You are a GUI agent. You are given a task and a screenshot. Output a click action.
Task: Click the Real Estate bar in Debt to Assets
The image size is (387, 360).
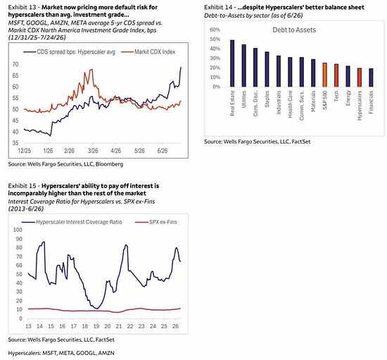232,63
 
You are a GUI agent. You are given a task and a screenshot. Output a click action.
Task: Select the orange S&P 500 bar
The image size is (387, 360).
325,75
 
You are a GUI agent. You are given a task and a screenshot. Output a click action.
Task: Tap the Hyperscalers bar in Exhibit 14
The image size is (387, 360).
360,77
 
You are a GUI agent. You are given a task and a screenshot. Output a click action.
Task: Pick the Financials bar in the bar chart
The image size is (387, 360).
371,77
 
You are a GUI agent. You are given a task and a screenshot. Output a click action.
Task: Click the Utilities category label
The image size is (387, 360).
244,99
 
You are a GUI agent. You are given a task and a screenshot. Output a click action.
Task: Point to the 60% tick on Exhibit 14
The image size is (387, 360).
215,30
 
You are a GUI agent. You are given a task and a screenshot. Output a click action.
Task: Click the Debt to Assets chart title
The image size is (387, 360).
294,30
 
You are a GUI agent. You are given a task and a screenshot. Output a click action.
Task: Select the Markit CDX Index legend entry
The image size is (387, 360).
148,52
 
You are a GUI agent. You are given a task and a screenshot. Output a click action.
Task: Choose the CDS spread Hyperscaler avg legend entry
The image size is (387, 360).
70,52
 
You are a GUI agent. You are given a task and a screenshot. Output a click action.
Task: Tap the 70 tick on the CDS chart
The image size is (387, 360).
15,65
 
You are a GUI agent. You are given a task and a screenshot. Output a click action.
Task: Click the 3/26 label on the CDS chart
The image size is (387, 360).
93,151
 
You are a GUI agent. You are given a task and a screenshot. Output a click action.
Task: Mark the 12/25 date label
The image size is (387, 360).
25,151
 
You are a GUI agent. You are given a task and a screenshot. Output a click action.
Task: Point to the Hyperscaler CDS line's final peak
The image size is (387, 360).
181,67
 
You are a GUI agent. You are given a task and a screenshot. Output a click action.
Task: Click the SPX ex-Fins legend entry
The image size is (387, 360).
156,222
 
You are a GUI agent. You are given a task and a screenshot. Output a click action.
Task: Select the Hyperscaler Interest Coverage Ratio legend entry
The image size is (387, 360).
72,222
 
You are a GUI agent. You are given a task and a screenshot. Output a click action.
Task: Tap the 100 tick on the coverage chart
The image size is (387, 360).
18,230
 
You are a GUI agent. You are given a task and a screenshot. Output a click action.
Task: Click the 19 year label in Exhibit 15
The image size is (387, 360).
96,326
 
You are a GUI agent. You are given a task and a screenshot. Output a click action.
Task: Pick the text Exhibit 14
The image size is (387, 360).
218,8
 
